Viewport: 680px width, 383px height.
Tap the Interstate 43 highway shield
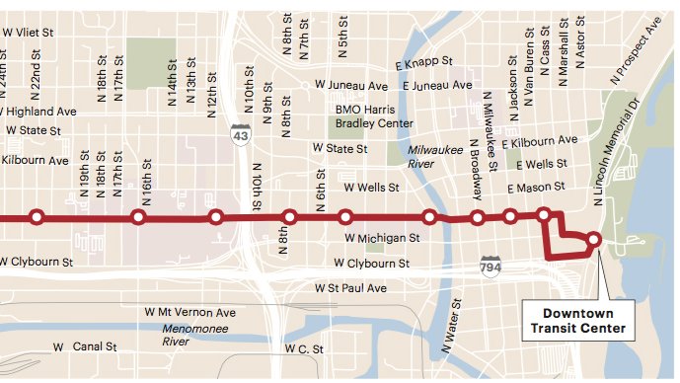point(240,133)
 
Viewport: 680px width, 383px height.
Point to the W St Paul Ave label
point(350,288)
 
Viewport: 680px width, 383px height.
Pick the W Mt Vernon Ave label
point(197,312)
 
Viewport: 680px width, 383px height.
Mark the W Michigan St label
point(383,239)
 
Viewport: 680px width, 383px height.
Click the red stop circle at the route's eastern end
point(593,239)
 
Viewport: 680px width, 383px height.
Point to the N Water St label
point(451,327)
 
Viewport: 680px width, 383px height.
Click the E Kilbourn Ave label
point(539,143)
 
